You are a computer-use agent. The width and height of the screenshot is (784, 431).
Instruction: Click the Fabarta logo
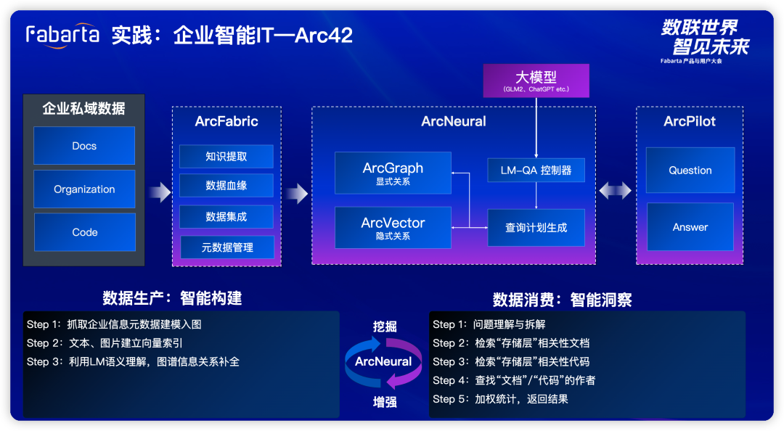[x=62, y=36]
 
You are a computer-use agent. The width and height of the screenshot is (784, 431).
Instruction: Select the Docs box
[x=84, y=146]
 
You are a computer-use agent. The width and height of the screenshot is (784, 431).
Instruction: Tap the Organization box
[x=84, y=189]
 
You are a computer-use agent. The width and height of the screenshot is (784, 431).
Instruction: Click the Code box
[x=84, y=232]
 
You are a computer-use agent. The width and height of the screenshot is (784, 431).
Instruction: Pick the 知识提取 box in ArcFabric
[x=226, y=157]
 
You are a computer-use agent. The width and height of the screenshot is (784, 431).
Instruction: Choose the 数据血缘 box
[x=226, y=186]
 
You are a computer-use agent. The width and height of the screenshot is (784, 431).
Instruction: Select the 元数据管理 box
[x=227, y=247]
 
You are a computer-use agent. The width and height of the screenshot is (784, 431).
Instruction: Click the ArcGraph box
[x=393, y=173]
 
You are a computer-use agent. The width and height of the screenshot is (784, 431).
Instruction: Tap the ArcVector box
[x=393, y=228]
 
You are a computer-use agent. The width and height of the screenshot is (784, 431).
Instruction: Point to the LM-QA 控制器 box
[x=536, y=170]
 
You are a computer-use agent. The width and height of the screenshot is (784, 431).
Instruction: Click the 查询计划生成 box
[x=536, y=228]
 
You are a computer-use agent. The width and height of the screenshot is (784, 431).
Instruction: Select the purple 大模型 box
[x=536, y=81]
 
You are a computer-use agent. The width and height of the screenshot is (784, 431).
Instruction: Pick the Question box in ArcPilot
[x=690, y=170]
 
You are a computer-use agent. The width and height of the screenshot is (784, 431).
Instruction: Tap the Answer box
[x=690, y=227]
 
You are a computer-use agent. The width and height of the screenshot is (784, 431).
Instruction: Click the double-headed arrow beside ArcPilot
[x=615, y=191]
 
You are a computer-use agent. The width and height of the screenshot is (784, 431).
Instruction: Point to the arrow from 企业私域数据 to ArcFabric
[x=160, y=192]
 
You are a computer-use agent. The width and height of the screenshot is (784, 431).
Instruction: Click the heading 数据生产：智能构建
[x=172, y=298]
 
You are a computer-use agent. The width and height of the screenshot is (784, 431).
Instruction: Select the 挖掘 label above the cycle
[x=385, y=327]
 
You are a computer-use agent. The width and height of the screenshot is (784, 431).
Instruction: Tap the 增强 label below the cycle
[x=385, y=402]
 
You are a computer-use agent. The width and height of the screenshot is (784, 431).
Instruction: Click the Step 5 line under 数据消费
[x=500, y=399]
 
